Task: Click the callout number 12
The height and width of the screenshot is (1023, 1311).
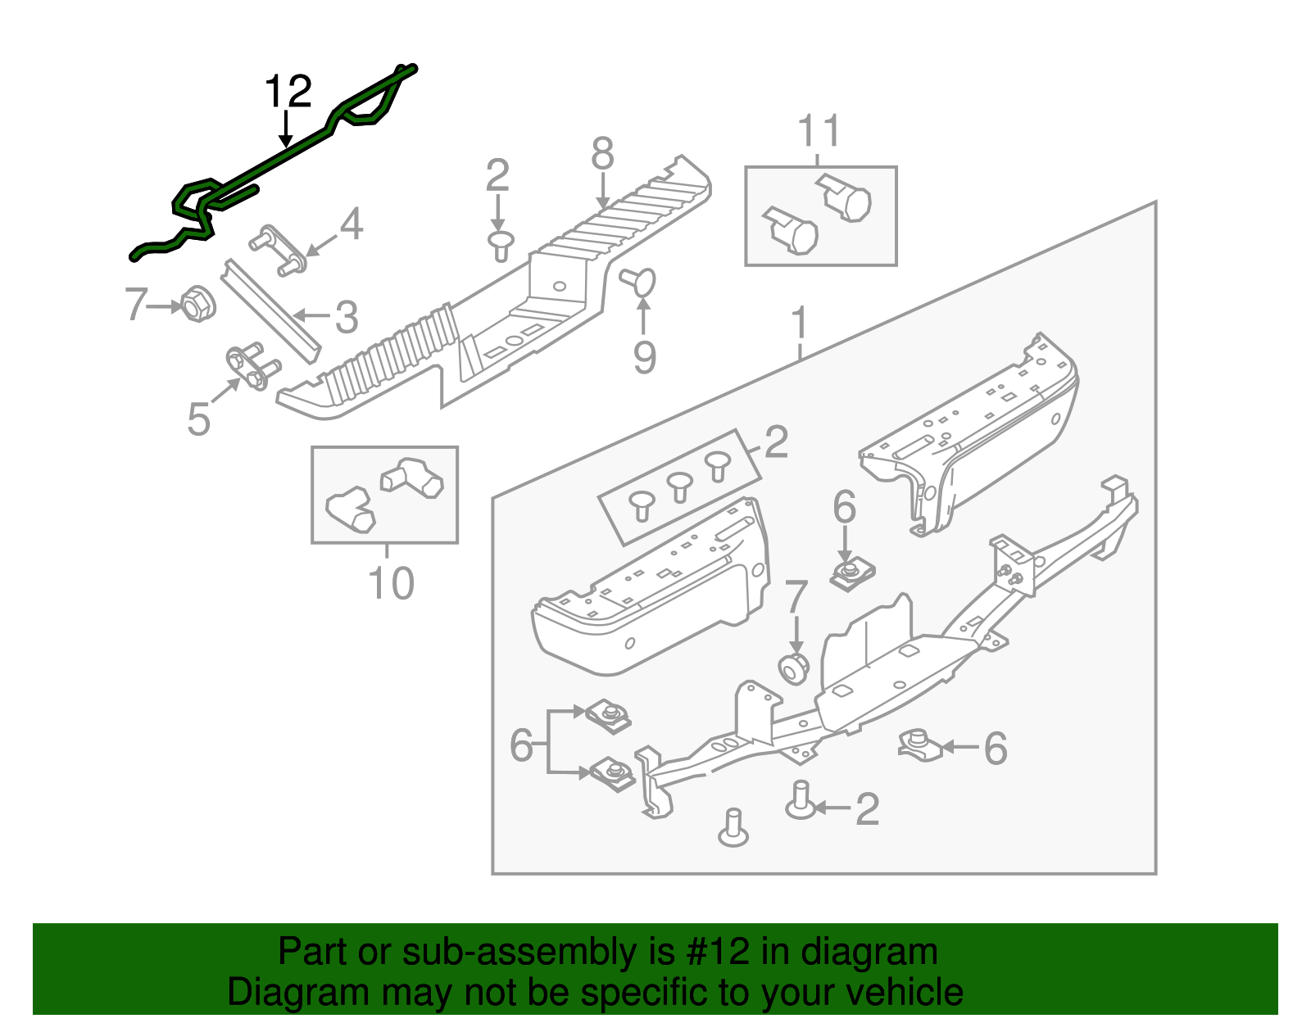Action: pos(288,92)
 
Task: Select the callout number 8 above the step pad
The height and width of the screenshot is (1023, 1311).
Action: pos(602,154)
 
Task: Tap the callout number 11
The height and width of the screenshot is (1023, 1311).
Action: pos(819,131)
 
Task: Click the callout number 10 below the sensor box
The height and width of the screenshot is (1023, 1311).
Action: pos(391,584)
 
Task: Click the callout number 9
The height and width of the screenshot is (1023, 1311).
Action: pos(645,357)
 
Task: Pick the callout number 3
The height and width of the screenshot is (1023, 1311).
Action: pos(347,317)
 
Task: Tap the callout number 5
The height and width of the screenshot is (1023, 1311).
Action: pos(198,419)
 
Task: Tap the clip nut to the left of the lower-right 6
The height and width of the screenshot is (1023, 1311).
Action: pos(919,744)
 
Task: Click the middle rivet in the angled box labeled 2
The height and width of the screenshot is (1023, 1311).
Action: pos(679,487)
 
